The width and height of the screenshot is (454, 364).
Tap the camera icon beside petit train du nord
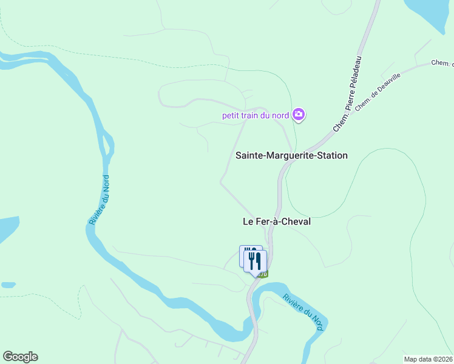(x=299, y=114)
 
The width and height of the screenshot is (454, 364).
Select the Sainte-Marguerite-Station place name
(x=291, y=155)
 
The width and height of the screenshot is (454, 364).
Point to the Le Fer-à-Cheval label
(x=276, y=221)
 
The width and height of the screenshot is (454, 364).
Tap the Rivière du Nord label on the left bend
(x=100, y=200)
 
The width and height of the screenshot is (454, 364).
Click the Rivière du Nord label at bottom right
(x=303, y=311)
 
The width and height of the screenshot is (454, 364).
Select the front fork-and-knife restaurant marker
(x=256, y=261)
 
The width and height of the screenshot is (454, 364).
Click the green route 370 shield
(x=262, y=275)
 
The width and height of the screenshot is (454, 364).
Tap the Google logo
(x=20, y=357)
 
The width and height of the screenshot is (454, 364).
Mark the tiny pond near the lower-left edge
(x=8, y=284)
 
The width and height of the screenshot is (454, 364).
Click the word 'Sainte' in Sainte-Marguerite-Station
(x=249, y=155)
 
